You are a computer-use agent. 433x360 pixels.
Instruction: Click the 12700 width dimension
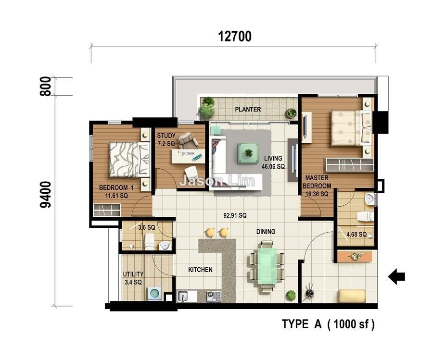pyautogui.click(x=235, y=37)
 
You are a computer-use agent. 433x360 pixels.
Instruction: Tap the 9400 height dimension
pyautogui.click(x=46, y=195)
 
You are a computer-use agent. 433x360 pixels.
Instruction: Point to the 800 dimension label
pyautogui.click(x=46, y=87)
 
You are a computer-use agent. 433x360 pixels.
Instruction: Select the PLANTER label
pyautogui.click(x=248, y=109)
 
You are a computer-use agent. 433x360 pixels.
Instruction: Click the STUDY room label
pyautogui.click(x=166, y=136)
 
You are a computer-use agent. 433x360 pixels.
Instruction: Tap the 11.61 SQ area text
pyautogui.click(x=116, y=196)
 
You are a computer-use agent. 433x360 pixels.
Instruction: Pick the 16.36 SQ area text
pyautogui.click(x=317, y=194)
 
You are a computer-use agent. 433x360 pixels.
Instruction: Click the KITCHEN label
pyautogui.click(x=201, y=270)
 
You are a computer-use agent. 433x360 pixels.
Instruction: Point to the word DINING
pyautogui.click(x=266, y=232)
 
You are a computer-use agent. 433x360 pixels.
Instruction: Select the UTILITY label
pyautogui.click(x=133, y=274)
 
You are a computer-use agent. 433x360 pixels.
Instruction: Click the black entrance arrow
pyautogui.click(x=396, y=276)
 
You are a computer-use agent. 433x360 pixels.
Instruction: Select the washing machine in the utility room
pyautogui.click(x=155, y=294)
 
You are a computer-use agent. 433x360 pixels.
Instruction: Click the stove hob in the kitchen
pyautogui.click(x=214, y=297)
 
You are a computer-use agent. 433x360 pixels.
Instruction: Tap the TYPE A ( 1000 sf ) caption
pyautogui.click(x=328, y=324)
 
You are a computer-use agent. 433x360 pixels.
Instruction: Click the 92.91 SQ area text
pyautogui.click(x=235, y=215)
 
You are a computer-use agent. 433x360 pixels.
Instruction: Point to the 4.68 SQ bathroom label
pyautogui.click(x=357, y=235)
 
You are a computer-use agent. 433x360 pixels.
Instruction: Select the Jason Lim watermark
pyautogui.click(x=217, y=181)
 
